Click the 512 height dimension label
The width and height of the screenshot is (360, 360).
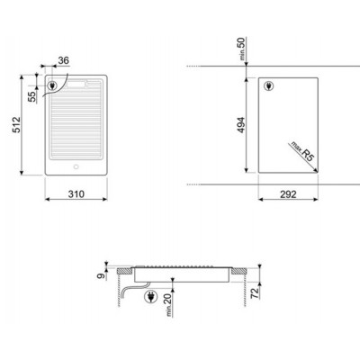pyautogui.click(x=16, y=125)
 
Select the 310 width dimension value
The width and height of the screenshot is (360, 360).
pyautogui.click(x=76, y=194)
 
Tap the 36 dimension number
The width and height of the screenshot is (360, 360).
pyautogui.click(x=63, y=60)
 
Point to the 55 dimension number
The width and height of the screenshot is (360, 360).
pyautogui.click(x=31, y=96)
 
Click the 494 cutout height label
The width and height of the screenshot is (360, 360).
pyautogui.click(x=240, y=125)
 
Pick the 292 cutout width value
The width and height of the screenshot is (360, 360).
pyautogui.click(x=288, y=194)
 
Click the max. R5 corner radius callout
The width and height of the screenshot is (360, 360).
pyautogui.click(x=301, y=151)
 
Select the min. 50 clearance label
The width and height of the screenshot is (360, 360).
pyautogui.click(x=242, y=49)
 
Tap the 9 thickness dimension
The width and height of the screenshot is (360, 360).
pyautogui.click(x=102, y=275)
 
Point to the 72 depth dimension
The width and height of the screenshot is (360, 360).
pyautogui.click(x=255, y=292)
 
